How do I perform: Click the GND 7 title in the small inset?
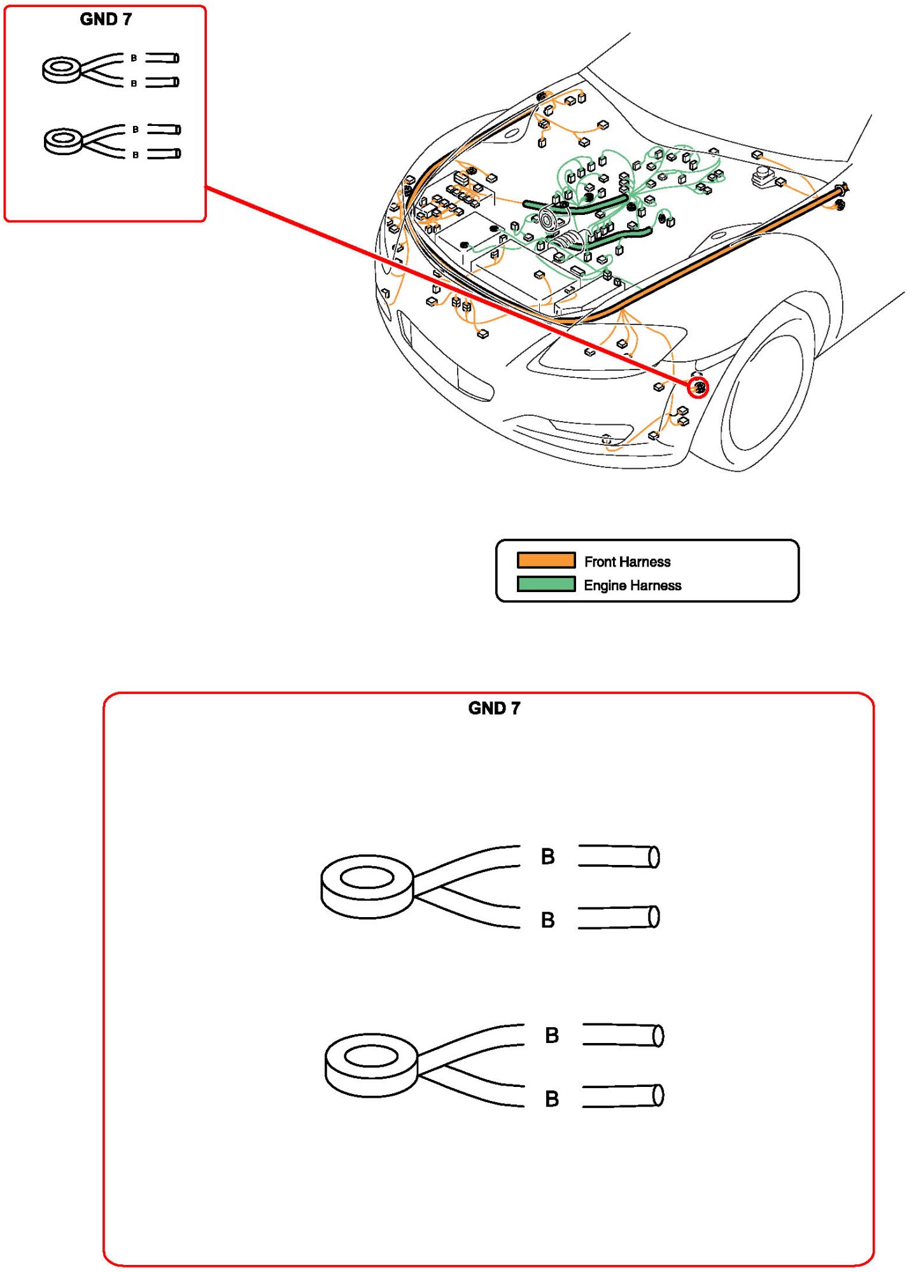pos(106,20)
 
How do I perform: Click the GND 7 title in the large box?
pos(494,709)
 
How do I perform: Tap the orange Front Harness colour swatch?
pos(546,560)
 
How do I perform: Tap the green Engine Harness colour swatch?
pos(546,584)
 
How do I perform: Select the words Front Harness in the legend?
pos(627,562)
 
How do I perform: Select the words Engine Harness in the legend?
pos(632,585)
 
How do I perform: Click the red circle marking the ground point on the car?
pos(698,387)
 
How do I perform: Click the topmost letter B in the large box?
pos(547,857)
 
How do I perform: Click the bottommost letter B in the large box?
pos(552,1099)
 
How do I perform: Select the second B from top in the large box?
pos(547,920)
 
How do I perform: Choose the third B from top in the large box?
pos(552,1035)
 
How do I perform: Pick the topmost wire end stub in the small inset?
pos(162,59)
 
